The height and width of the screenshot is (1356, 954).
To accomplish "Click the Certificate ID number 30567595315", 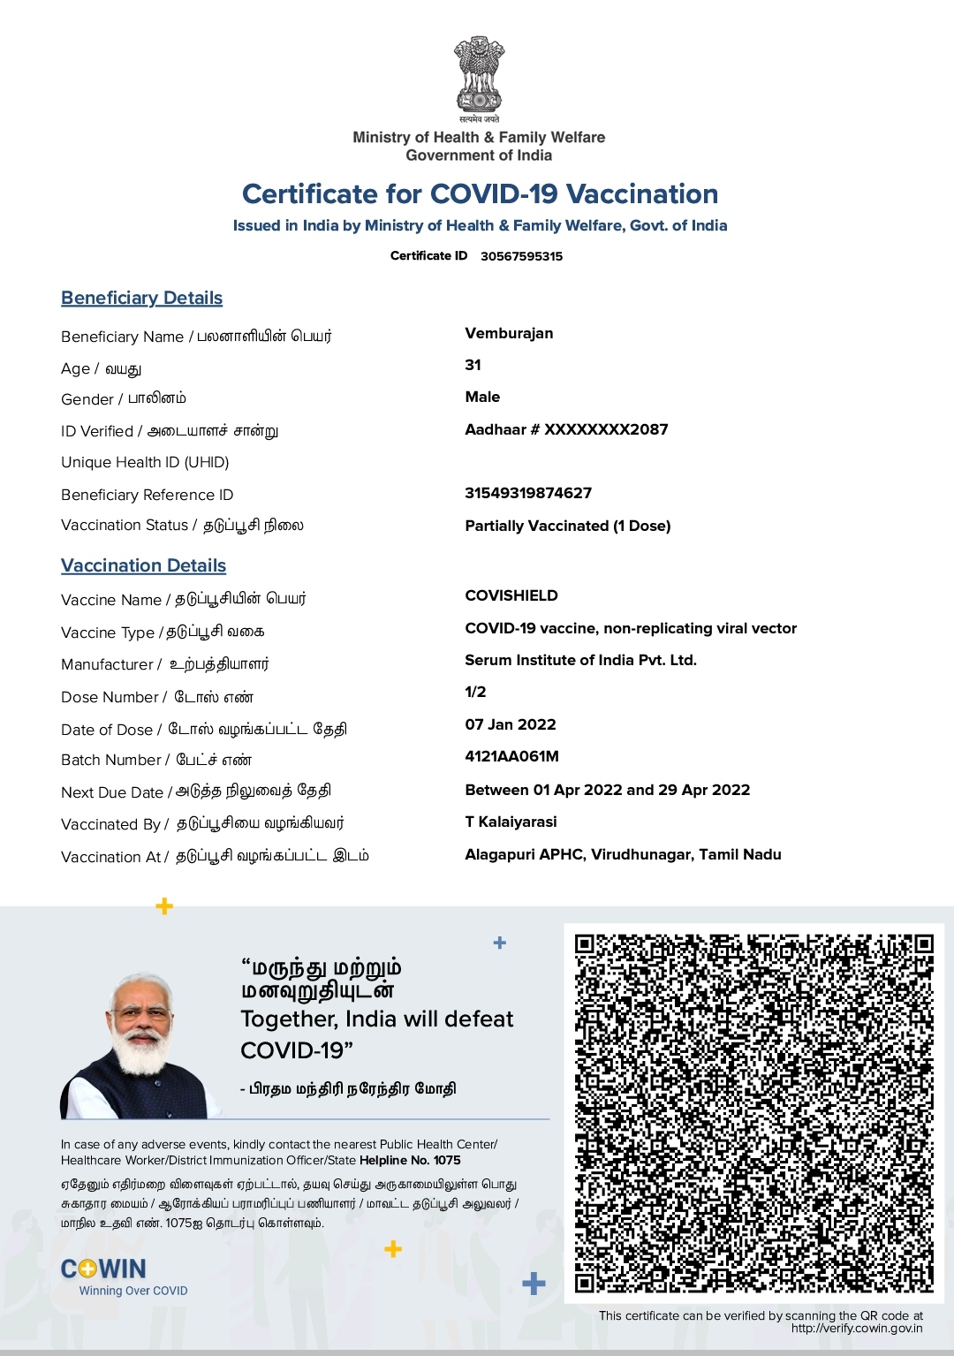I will click(521, 256).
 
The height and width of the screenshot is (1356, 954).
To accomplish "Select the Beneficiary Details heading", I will click(141, 298).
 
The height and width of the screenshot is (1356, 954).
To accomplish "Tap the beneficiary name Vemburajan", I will click(509, 333).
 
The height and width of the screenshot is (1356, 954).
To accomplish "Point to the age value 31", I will click(473, 365).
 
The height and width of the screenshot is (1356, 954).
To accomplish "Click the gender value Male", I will click(482, 397).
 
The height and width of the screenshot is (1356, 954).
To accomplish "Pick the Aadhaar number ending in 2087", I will click(566, 429).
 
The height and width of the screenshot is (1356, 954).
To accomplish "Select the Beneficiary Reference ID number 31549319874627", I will click(528, 493).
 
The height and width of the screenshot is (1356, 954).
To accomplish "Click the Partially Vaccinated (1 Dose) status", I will click(568, 526).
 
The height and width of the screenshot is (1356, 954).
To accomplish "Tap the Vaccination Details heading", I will click(143, 565).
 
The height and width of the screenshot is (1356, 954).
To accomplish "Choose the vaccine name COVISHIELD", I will click(511, 595).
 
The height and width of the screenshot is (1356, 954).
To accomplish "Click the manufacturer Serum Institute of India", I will click(580, 660).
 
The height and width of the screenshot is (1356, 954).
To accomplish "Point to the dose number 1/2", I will click(475, 692).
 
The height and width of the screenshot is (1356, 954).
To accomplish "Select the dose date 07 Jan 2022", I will click(511, 724).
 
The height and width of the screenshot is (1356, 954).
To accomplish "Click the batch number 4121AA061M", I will click(511, 756).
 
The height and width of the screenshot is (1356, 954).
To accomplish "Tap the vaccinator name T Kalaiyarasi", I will click(511, 822).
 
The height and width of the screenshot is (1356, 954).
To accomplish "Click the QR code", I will click(753, 1113).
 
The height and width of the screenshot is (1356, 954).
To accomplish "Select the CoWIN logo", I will click(103, 1269).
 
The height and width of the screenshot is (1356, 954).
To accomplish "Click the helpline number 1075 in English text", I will click(447, 1160).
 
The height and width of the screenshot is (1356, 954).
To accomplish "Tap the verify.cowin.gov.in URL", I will click(856, 1328).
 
